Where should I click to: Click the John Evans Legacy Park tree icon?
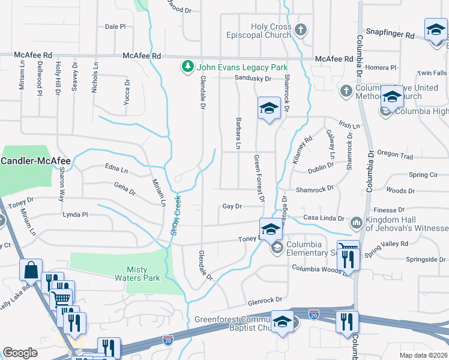pos(188,67)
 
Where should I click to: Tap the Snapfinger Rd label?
pos(390,35)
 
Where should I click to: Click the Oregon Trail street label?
pos(396,156)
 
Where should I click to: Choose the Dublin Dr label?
pos(320,170)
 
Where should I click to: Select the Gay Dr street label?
pos(232,206)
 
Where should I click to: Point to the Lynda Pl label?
pos(75,214)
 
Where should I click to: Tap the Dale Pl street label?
pos(115,26)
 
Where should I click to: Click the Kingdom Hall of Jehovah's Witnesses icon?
pos(356,221)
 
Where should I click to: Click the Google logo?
pos(20,353)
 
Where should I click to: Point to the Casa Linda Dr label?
pos(324,218)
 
